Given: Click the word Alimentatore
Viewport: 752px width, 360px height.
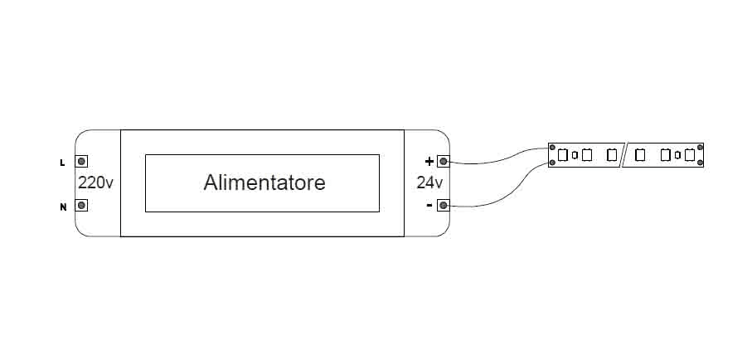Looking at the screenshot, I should [x=264, y=182].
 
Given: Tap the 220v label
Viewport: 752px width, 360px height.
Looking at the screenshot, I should [x=95, y=182].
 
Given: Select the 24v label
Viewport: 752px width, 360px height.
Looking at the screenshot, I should [x=429, y=182].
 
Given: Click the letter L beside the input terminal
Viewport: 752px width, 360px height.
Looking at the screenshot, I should [x=62, y=163].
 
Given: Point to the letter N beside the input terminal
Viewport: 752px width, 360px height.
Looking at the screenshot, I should [x=62, y=207].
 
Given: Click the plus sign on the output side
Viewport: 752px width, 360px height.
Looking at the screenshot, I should [x=429, y=161].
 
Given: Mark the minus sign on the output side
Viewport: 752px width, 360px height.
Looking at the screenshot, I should [x=429, y=205].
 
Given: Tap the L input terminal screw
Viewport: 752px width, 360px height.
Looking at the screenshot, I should [x=82, y=162].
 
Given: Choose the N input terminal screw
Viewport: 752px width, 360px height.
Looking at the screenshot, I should [x=82, y=206].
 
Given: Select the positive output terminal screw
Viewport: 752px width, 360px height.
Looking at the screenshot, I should [x=444, y=161].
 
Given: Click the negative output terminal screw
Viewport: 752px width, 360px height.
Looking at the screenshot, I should [x=444, y=205].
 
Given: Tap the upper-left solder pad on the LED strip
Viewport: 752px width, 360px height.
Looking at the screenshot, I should [x=552, y=148].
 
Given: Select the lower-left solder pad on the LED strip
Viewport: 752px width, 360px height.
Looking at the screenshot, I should [x=552, y=163].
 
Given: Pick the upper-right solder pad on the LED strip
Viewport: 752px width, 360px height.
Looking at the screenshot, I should [x=701, y=148].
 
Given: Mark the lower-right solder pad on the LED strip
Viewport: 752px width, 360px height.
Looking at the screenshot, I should [x=701, y=163].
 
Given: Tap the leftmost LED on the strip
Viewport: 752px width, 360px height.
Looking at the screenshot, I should [x=561, y=155].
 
